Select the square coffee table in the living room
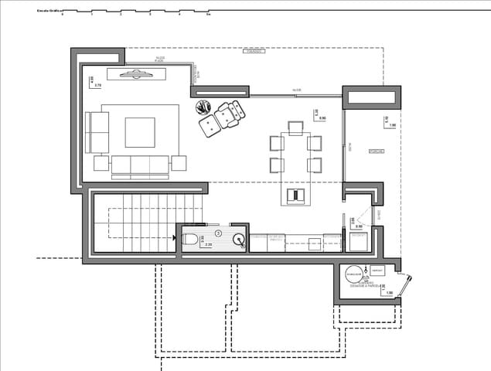point(141,131)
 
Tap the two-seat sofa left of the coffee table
point(97,131)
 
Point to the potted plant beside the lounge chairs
point(203,107)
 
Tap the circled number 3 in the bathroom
point(218,232)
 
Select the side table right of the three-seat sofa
point(179,163)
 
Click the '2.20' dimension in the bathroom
point(208,245)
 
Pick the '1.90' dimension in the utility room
point(389,293)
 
